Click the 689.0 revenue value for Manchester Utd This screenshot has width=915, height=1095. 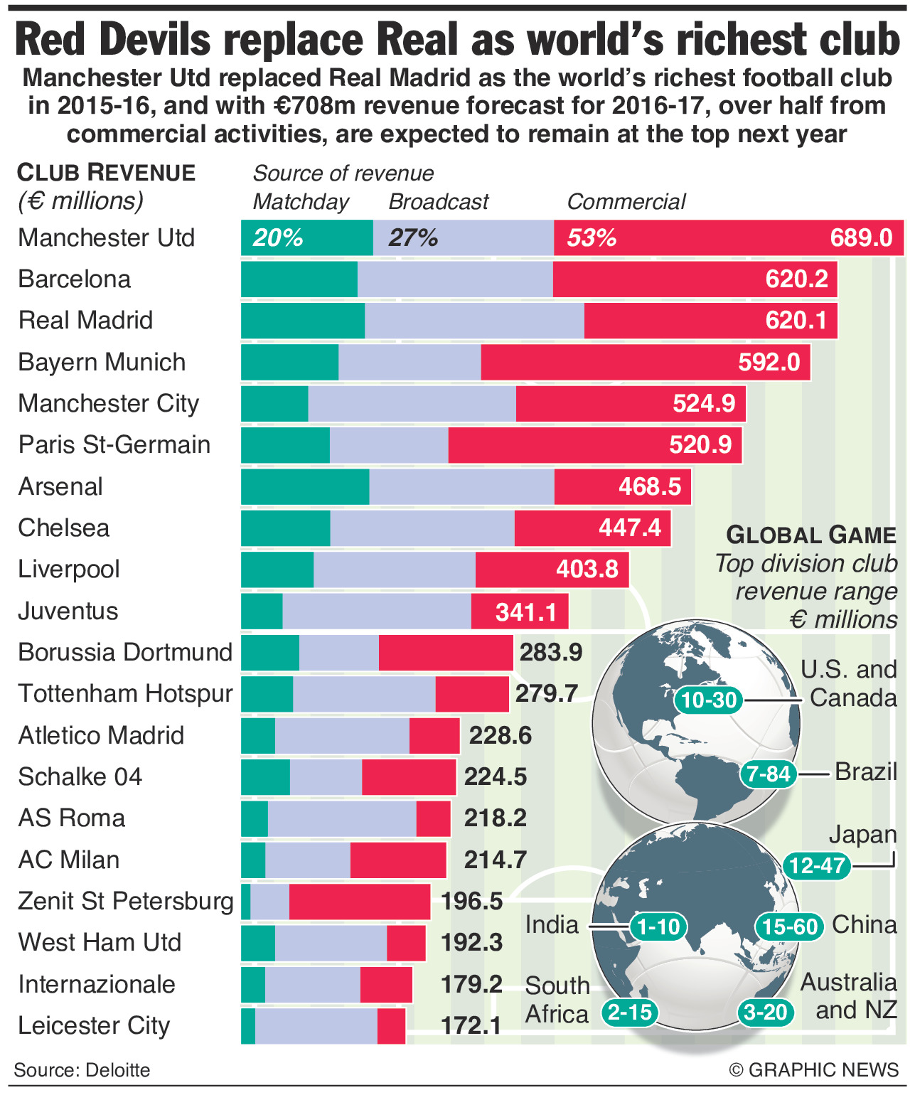[x=861, y=237]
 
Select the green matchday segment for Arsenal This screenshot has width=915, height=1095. [x=305, y=486]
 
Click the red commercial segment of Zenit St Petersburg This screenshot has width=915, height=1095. [x=360, y=902]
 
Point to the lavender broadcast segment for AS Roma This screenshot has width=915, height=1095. [x=342, y=818]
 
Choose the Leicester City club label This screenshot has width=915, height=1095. [x=94, y=1025]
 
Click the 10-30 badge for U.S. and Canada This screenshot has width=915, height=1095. [x=709, y=700]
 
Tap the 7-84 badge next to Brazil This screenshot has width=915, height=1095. [x=769, y=773]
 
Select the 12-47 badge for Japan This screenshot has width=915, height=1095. [x=817, y=865]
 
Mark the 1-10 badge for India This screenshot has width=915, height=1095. [x=658, y=926]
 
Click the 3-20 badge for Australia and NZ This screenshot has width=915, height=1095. [x=765, y=1012]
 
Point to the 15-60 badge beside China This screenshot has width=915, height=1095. [x=788, y=926]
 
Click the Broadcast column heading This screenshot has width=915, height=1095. [x=439, y=202]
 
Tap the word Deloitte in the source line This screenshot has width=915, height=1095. [x=118, y=1070]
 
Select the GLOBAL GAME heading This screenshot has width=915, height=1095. [x=811, y=535]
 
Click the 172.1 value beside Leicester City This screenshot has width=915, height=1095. [x=471, y=1025]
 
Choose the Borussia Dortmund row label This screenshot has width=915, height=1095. [x=125, y=652]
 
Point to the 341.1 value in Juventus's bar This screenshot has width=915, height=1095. [x=526, y=611]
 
